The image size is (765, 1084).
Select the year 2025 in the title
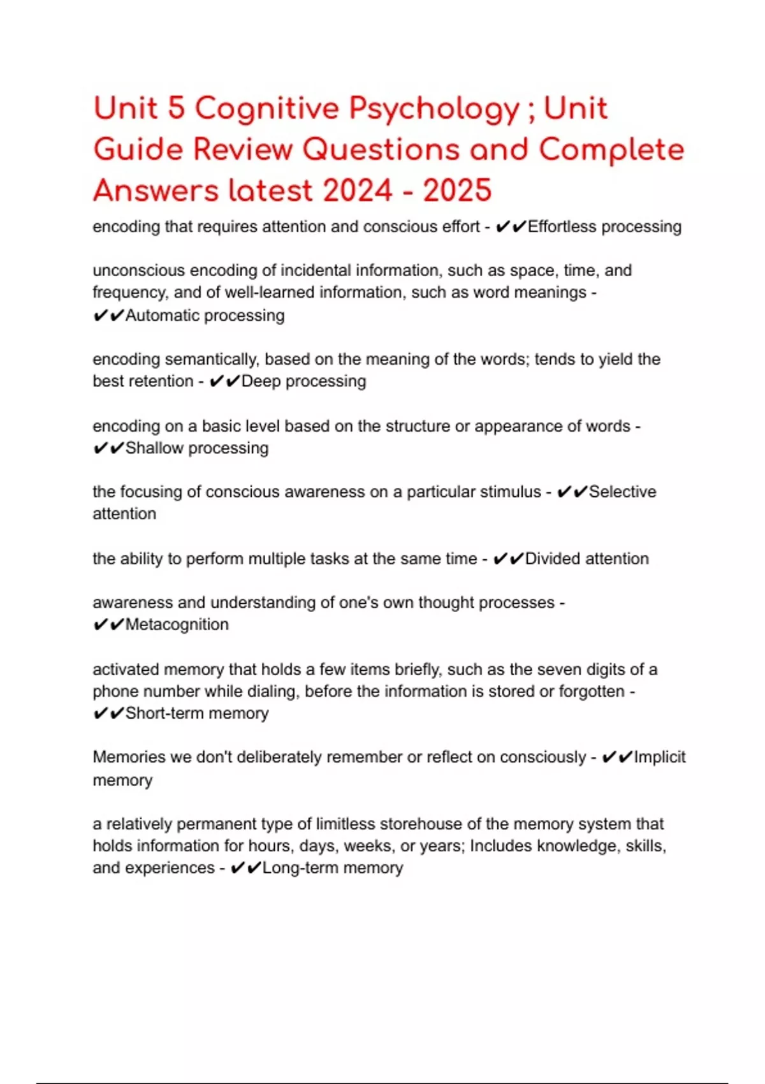457,191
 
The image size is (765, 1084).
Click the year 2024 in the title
357,191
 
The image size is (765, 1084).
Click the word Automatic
163,315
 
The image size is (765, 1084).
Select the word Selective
622,492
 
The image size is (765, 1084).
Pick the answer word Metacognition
177,625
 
